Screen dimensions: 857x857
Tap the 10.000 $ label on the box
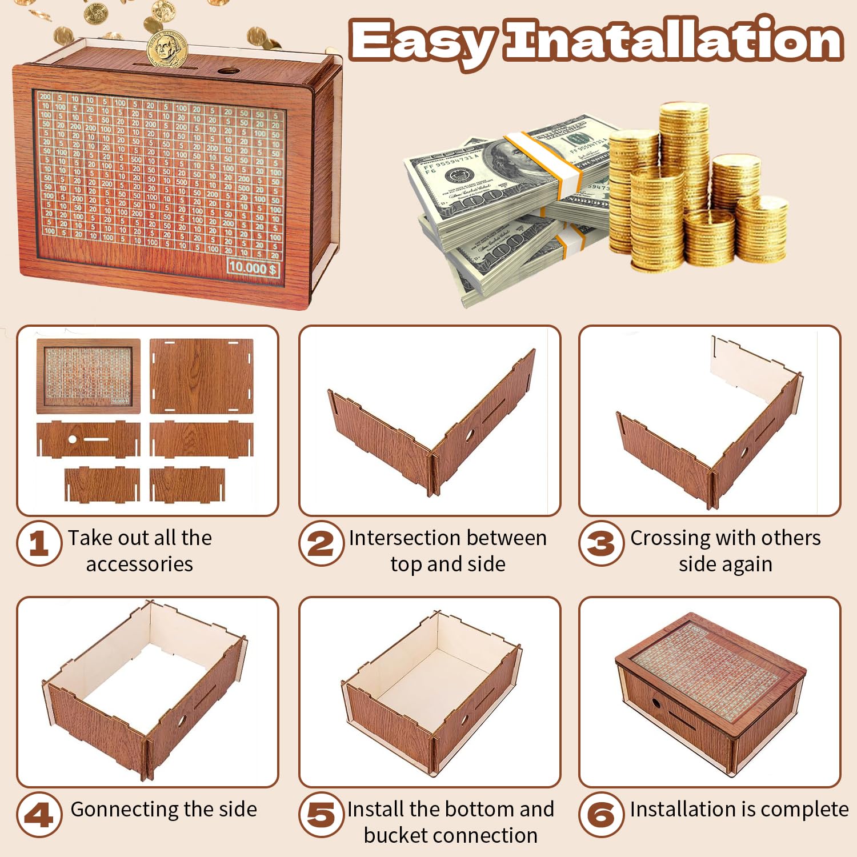[x=253, y=267]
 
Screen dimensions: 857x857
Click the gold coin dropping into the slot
[x=167, y=49]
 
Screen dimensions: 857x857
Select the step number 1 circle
[x=39, y=543]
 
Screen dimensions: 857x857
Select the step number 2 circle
[x=321, y=543]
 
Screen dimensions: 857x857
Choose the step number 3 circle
[x=601, y=543]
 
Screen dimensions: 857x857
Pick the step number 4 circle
[x=39, y=815]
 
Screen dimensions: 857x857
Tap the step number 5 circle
[x=321, y=815]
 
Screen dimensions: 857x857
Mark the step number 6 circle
[x=601, y=815]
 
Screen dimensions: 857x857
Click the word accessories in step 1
[x=139, y=564]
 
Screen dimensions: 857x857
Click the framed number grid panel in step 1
[x=88, y=375]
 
